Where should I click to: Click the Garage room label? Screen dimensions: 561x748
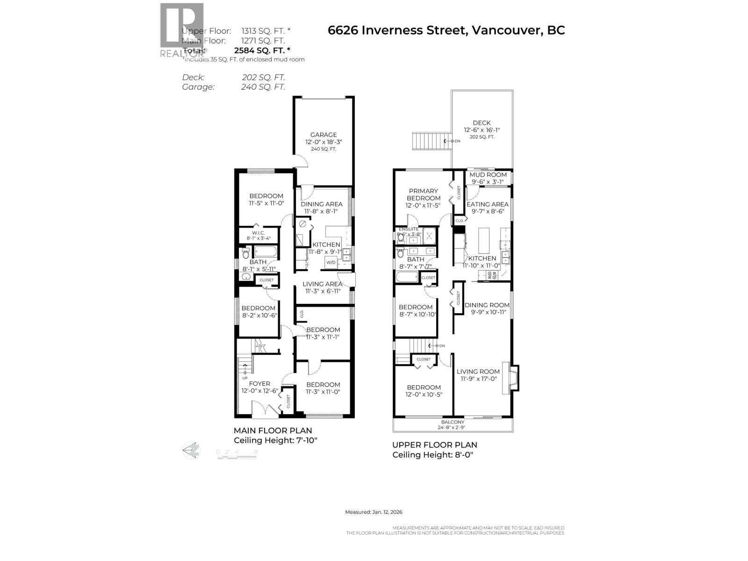pos(324,135)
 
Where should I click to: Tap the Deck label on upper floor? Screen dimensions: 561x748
pos(482,123)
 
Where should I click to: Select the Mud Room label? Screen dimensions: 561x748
pos(488,175)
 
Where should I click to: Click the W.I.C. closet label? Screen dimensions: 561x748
pos(258,233)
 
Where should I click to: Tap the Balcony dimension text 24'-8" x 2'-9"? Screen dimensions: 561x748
pos(452,427)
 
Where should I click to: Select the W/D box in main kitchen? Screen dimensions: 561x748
pos(331,262)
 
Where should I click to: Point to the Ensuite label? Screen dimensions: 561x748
pos(409,229)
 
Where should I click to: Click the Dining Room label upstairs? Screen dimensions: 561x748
pos(487,305)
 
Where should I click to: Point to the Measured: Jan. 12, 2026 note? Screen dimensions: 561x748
pos(374,512)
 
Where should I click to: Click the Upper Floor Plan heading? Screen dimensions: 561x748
pos(434,445)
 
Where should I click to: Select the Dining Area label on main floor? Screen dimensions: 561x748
pos(322,204)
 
